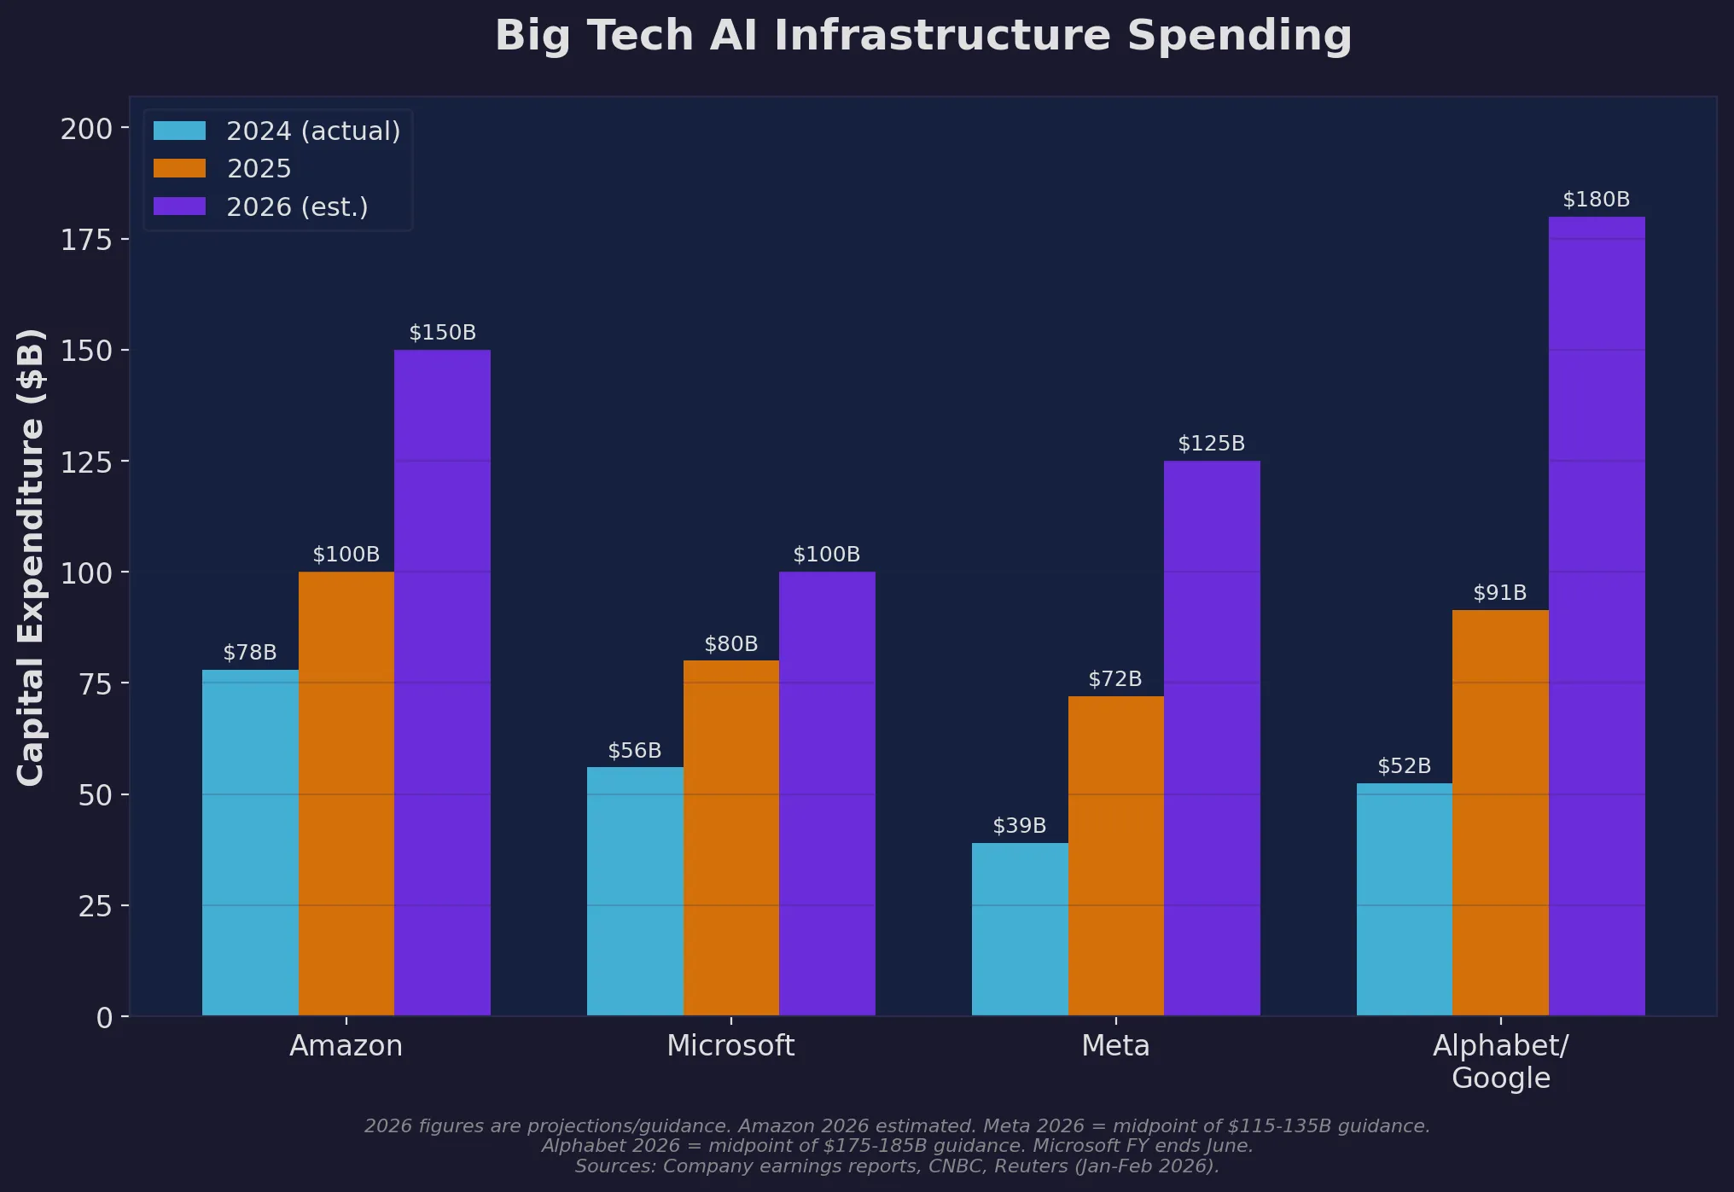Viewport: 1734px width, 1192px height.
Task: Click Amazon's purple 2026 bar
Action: [442, 683]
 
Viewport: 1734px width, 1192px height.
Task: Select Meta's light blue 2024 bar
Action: [1020, 929]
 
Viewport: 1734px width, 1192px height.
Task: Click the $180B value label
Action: [1596, 200]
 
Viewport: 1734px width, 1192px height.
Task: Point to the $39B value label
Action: [1019, 826]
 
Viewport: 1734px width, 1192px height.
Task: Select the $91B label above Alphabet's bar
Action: [1499, 593]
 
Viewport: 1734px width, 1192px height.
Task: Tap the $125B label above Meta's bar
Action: [1211, 444]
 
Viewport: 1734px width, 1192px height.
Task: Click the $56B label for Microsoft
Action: [634, 751]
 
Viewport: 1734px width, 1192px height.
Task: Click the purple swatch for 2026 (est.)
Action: [179, 206]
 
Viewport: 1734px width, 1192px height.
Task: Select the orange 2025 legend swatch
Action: [179, 169]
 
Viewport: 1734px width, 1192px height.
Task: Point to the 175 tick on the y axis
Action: [86, 240]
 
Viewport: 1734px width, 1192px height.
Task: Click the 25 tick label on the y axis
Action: [95, 906]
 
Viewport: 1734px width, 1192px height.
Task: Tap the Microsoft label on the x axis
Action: [730, 1046]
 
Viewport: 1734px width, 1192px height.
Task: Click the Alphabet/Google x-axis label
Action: [1500, 1061]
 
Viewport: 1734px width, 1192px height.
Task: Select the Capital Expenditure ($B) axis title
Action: [31, 556]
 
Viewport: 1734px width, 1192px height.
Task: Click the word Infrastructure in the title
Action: [942, 36]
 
